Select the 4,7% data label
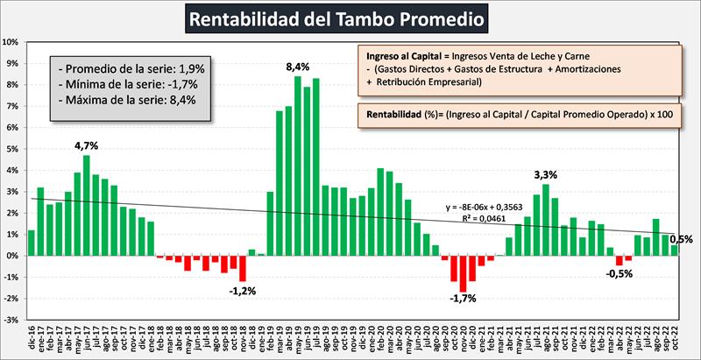pyautogui.click(x=86, y=146)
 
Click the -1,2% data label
pyautogui.click(x=242, y=290)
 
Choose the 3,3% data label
pyautogui.click(x=546, y=174)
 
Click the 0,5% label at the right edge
pyautogui.click(x=680, y=239)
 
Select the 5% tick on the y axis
pyautogui.click(x=12, y=149)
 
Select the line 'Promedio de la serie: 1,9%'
pyautogui.click(x=129, y=68)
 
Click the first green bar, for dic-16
pyautogui.click(x=32, y=243)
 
